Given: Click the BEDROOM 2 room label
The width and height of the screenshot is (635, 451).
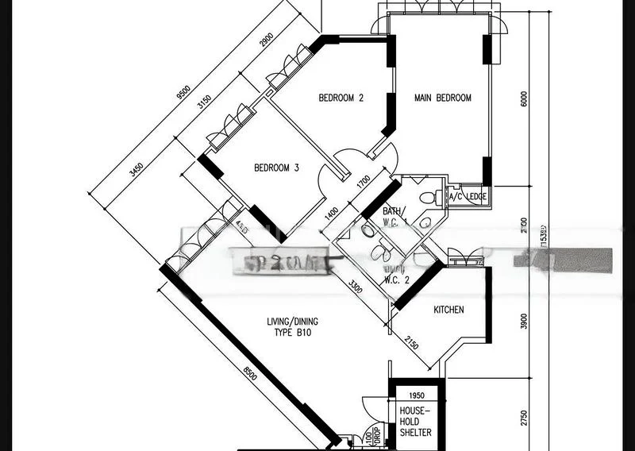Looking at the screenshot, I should coord(341,98).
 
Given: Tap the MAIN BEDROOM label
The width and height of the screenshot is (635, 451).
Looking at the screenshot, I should coord(443,98).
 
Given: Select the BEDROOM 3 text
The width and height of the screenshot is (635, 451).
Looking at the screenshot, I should coord(276,168).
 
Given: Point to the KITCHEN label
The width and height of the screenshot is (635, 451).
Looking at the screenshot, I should coord(448,310).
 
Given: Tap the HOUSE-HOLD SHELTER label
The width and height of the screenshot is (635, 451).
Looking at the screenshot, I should coord(416,422).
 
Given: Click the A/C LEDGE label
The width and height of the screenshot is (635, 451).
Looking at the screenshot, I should coord(468,196).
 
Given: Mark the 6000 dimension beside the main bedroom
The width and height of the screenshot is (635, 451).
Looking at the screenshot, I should coord(524,98).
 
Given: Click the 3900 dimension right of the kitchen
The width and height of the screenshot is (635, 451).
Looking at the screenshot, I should coord(523,322).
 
